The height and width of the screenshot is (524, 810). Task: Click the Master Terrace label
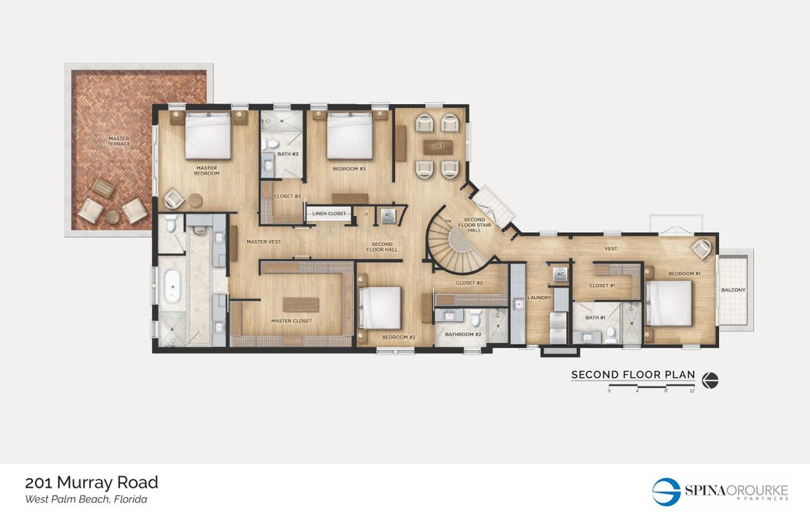(x=119, y=141)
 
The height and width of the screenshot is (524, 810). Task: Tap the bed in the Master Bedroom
(x=208, y=135)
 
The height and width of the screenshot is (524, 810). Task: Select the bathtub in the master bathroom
(x=172, y=286)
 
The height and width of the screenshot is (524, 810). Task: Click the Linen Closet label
(x=327, y=213)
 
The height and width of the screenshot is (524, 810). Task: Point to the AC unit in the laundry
(x=559, y=274)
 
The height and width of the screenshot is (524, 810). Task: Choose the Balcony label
(x=733, y=290)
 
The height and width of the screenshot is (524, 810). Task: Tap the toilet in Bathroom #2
(x=475, y=318)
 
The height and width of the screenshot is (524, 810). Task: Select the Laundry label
(x=539, y=298)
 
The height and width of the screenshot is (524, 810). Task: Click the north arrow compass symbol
(x=710, y=380)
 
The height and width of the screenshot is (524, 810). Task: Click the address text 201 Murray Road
(x=92, y=483)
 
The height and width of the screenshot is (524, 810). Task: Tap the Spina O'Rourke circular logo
(x=665, y=491)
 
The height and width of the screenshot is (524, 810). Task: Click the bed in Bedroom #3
(x=350, y=135)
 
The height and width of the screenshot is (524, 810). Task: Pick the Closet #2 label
(x=469, y=282)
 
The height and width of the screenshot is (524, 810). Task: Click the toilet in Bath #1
(x=611, y=333)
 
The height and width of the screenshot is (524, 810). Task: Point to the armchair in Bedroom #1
(x=702, y=249)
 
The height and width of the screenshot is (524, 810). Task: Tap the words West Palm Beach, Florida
(x=86, y=499)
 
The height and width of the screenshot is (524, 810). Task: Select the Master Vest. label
(x=263, y=242)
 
